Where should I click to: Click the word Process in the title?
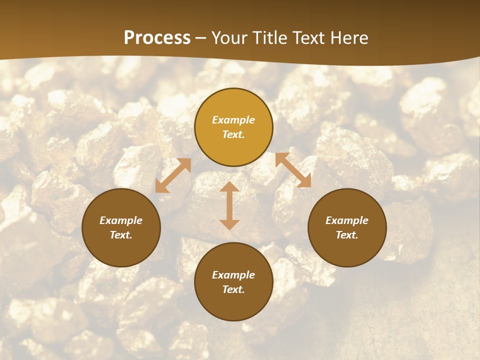coord(157,38)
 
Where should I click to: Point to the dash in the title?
coord(201,38)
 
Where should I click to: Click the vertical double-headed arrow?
coord(229,205)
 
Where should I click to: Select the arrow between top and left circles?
coord(173,175)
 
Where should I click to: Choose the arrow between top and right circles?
coord(293,170)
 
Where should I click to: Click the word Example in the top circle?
coord(233,120)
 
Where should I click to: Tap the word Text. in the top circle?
coord(233,134)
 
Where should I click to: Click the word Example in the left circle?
coord(121,220)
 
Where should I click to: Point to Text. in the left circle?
coord(121,235)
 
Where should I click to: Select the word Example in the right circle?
coord(347,220)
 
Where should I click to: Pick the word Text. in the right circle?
coord(347,235)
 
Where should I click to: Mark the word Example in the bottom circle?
coord(233,275)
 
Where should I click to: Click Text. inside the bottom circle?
coord(233,289)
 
